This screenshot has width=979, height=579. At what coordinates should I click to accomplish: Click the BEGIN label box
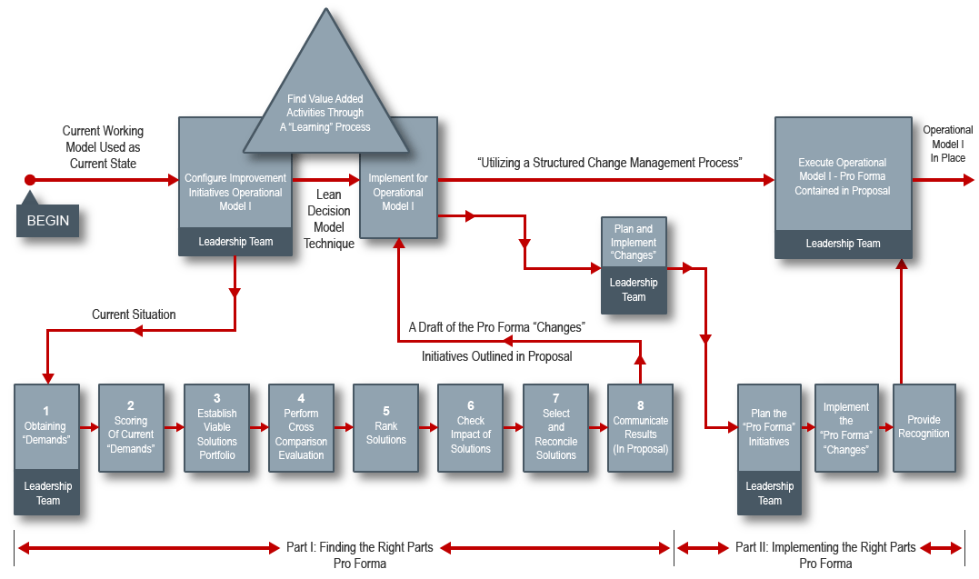pos(47,220)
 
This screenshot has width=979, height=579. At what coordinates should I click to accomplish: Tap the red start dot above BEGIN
pos(30,180)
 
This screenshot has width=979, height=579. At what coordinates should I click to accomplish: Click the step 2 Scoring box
pos(131,427)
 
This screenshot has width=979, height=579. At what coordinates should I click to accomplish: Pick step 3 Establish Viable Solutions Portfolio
pos(216,427)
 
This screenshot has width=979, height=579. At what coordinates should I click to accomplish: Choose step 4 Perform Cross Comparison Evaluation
pos(301,427)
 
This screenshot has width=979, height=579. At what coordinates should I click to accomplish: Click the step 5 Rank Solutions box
pos(385,427)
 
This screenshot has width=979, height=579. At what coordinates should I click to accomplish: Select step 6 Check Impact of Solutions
pos(470,427)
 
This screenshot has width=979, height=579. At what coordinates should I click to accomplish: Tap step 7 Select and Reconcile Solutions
pos(555,427)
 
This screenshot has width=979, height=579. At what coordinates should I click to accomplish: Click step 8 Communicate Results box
pos(640,427)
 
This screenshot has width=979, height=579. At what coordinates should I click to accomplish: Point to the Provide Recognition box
pos(924,427)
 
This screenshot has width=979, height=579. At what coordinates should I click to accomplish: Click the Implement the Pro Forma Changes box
pos(846,427)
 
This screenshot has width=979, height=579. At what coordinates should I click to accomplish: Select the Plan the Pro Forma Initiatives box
pos(769,427)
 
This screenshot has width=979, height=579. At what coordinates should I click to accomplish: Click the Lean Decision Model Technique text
pos(328,219)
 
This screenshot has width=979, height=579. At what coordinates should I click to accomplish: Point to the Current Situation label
pos(134,314)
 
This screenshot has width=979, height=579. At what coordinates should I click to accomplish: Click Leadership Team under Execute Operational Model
pos(843,244)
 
